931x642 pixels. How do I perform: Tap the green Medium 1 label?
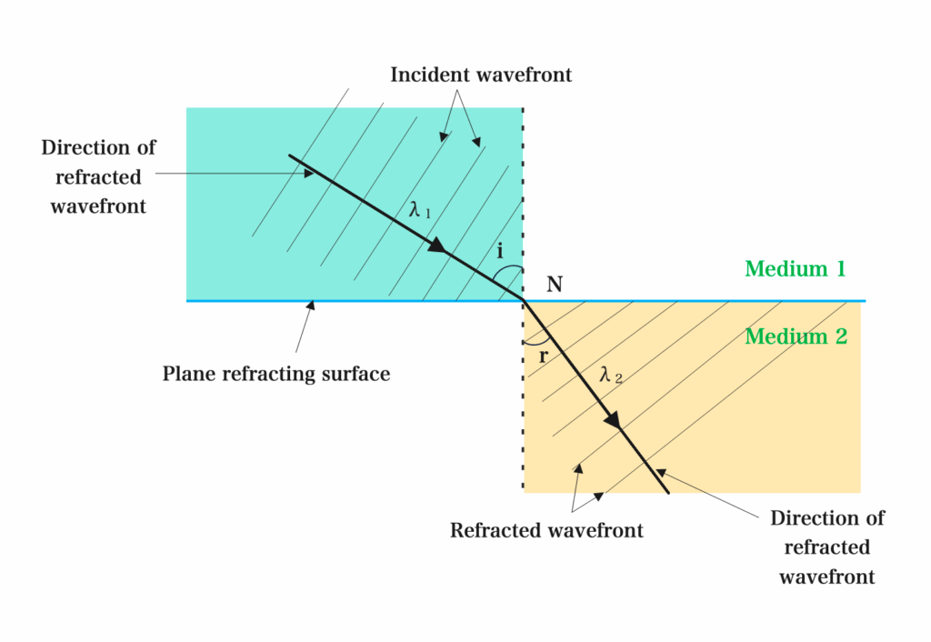[795, 268]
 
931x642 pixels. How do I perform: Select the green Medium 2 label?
[796, 336]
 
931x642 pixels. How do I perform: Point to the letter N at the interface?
[555, 285]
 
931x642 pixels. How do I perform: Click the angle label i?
[500, 251]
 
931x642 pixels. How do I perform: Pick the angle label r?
[543, 356]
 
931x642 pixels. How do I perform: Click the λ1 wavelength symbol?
[420, 209]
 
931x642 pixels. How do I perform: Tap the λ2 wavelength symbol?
[611, 375]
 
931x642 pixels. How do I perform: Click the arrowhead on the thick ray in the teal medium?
[437, 245]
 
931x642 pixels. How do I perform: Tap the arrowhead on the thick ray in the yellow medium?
[614, 419]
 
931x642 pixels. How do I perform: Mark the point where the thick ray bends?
[523, 300]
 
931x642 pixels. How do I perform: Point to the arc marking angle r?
[537, 343]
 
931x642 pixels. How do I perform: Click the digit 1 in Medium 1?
[840, 268]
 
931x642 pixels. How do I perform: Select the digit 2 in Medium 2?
[841, 336]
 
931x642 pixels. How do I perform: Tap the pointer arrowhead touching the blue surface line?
[311, 306]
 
